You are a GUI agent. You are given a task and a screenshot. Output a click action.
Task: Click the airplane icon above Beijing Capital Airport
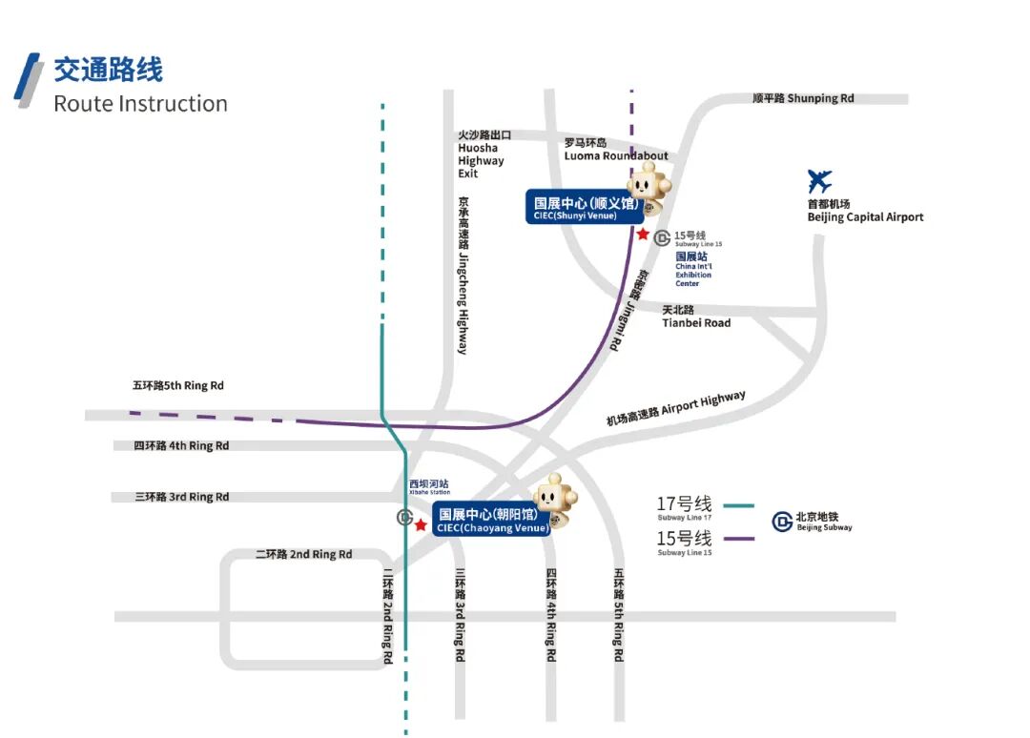[x=819, y=181]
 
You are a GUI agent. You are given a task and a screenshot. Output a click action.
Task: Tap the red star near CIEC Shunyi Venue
[x=643, y=234]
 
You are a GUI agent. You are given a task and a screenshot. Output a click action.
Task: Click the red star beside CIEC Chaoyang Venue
[x=421, y=525]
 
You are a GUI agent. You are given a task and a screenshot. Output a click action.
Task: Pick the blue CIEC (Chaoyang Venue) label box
[x=492, y=519]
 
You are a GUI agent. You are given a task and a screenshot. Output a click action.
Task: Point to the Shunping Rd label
[x=803, y=98]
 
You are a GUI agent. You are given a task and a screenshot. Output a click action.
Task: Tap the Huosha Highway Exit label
[x=481, y=154]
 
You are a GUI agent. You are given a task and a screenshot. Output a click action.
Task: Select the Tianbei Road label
[x=696, y=317]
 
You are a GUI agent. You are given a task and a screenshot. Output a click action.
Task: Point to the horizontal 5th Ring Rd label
[x=178, y=386]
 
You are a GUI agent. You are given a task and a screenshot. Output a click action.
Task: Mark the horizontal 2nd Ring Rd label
[x=304, y=555]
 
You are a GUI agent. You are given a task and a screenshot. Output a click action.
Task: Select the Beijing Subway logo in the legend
[x=783, y=522]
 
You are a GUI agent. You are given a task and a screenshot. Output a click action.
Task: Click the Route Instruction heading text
[x=140, y=104]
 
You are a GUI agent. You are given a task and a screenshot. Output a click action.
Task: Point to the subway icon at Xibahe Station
[x=405, y=519]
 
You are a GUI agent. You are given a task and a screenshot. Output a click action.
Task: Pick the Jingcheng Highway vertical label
[x=463, y=276]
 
